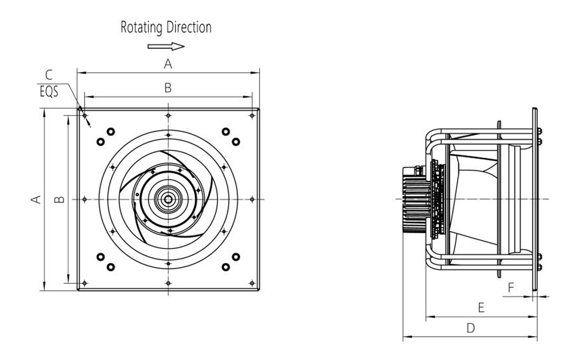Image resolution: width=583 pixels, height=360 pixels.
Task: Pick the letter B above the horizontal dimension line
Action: coord(168,88)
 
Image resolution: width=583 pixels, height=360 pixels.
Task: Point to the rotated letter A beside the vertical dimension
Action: coord(36,199)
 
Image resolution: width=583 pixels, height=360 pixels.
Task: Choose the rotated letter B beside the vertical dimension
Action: coord(59,199)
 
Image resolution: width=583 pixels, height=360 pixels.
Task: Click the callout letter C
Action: coord(49,75)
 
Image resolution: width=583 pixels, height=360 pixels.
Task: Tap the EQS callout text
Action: coord(49,92)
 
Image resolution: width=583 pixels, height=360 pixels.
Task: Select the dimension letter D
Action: coord(470,328)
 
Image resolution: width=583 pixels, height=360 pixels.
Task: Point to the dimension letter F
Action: coord(511,287)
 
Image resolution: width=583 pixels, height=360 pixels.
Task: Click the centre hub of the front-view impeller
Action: coord(168,199)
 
